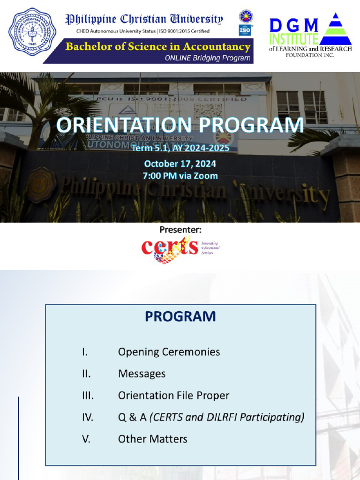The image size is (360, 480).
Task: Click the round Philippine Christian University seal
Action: (x=32, y=32)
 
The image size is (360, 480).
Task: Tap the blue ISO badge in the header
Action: (x=245, y=30)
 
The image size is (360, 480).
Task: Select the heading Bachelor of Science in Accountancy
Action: (x=157, y=47)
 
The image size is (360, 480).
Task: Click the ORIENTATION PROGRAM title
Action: (x=180, y=126)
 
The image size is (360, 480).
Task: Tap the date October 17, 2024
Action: (x=180, y=164)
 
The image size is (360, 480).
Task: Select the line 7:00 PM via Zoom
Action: (x=180, y=176)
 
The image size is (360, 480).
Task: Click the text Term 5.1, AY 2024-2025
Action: (x=180, y=148)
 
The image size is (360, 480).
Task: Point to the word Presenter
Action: (x=180, y=230)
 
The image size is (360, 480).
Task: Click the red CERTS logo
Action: (x=170, y=249)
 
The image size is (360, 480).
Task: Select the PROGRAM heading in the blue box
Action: (x=180, y=316)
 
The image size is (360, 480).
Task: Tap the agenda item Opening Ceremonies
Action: (x=169, y=352)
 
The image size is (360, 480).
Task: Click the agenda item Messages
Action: (x=142, y=374)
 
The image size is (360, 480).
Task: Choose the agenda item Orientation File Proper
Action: (x=173, y=395)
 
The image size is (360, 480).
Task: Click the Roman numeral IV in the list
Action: (x=88, y=417)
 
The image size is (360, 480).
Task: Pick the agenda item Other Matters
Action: (x=152, y=439)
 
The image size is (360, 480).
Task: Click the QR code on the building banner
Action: (x=208, y=112)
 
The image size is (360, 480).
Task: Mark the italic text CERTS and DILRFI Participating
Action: (x=227, y=417)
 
